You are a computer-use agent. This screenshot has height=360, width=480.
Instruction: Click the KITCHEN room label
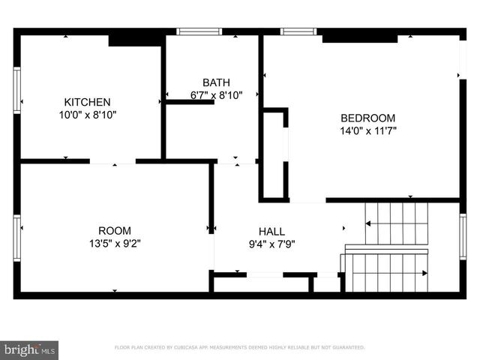coord(87,102)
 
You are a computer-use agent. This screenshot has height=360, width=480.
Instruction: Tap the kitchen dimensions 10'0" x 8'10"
coord(87,115)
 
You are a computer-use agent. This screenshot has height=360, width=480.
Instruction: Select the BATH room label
coord(216,82)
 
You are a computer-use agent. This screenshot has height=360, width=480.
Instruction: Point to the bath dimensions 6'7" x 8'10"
coord(216,95)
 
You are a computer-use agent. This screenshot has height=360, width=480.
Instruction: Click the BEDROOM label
coord(367,118)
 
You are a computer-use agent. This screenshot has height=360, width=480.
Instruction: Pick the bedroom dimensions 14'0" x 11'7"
coord(367,130)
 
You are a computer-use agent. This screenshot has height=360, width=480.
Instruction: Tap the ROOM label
coord(114,230)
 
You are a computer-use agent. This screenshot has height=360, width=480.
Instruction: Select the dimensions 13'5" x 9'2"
coord(114,243)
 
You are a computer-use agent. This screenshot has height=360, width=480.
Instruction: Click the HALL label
coord(271,231)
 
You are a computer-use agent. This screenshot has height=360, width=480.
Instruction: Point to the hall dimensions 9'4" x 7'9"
coord(271,244)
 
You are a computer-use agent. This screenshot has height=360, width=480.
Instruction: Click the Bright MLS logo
coord(30,349)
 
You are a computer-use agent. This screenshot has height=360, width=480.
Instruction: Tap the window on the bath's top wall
coord(199,31)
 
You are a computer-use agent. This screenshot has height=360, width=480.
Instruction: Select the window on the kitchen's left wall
coord(16,90)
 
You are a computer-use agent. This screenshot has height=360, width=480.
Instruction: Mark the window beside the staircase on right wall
coord(463,235)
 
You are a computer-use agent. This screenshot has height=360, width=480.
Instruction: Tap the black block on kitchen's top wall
coord(135,40)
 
